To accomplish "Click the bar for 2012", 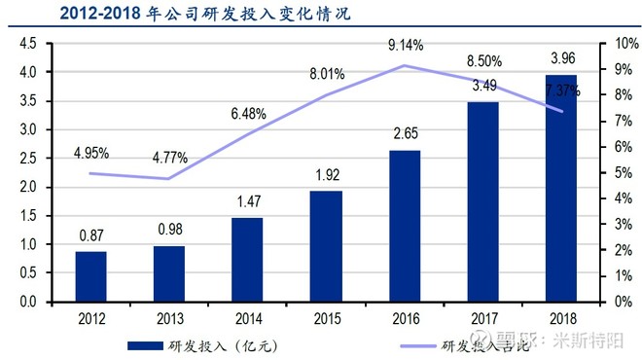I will tap(90, 276).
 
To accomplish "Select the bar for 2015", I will tap(326, 246).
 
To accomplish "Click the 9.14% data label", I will tap(405, 44).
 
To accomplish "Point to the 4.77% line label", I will tap(170, 158).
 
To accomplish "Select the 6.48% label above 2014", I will tap(248, 114).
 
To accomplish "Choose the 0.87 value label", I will tap(91, 234).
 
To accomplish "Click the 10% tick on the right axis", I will tap(613, 44).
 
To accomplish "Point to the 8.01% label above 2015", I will tap(326, 73).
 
